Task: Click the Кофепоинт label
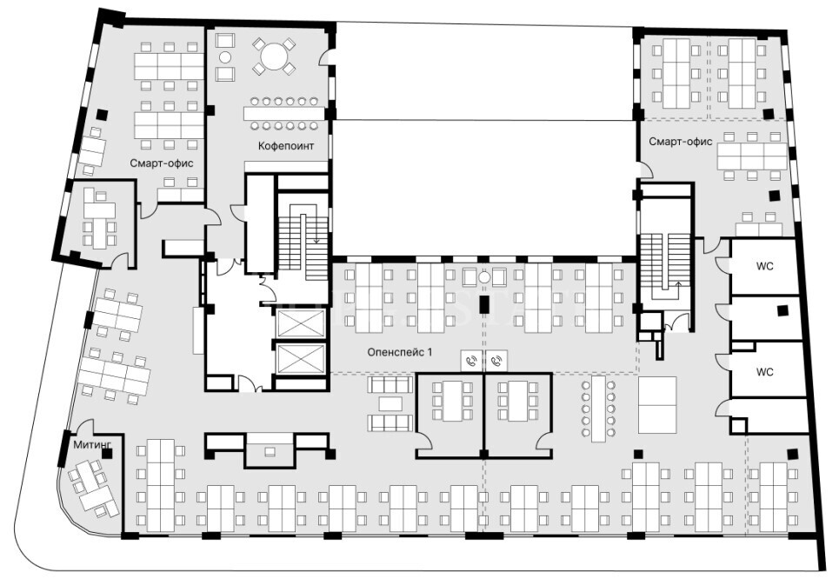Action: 286,146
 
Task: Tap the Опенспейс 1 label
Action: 399,352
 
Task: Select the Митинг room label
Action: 92,444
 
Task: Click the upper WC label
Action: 764,266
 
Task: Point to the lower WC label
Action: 764,372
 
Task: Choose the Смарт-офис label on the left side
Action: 162,163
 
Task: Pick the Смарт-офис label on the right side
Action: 681,141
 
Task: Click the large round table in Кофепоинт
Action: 273,55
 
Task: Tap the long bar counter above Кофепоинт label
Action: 284,113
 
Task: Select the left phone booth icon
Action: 471,361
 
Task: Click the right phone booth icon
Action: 496,361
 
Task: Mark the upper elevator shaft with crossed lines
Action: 300,322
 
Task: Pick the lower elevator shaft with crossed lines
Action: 300,358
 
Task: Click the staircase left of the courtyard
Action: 303,237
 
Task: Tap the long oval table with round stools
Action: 598,409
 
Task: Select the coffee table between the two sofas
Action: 390,403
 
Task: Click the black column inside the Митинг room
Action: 107,454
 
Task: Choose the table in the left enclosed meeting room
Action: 453,401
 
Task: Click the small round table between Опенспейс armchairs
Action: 484,277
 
